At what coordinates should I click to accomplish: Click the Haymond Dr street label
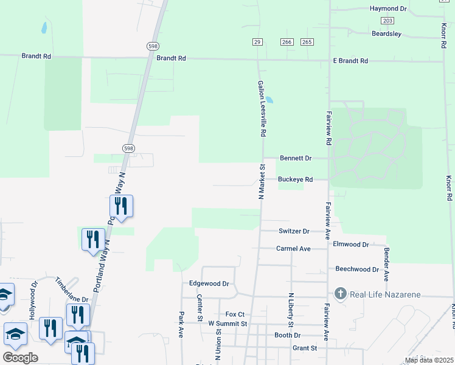coord(387,9)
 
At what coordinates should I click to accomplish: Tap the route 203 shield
coord(387,21)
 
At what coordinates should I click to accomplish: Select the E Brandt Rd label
coord(350,61)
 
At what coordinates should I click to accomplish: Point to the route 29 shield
coord(257,41)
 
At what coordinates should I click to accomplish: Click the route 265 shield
coord(307,41)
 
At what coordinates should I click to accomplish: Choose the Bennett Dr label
coord(296,158)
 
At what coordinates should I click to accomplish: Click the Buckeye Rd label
coord(295,179)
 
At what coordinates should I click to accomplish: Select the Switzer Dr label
coord(294,231)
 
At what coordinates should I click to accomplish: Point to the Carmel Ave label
coord(293,249)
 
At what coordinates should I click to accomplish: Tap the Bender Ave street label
coord(386,264)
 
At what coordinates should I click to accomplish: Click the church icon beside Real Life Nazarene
coord(340,294)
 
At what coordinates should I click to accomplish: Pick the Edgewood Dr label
coord(209,283)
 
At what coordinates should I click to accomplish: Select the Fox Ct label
coord(235,314)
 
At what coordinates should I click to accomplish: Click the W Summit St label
coord(227,324)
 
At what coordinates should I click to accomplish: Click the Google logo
coord(20,357)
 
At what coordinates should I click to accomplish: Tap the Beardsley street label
coord(387,34)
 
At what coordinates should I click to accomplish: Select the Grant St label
coord(305,348)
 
